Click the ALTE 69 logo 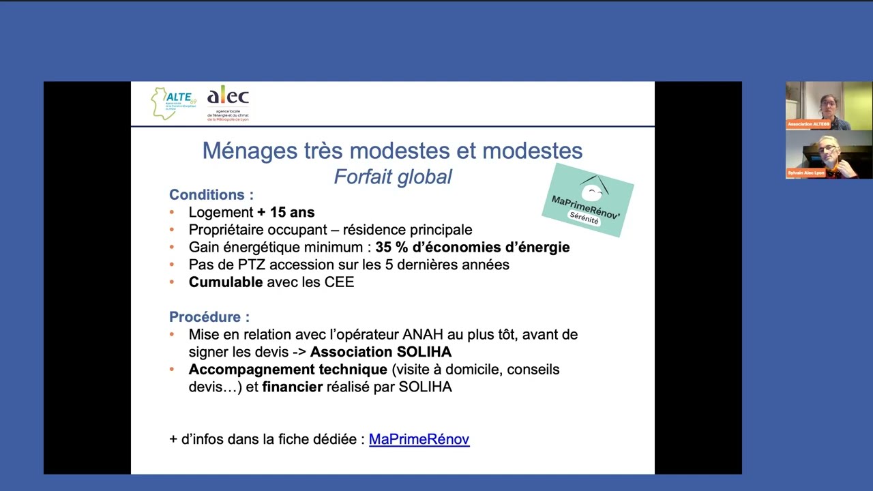pos(173,103)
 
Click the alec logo pos(228,103)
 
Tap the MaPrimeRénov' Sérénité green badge pos(587,200)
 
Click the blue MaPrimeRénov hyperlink pos(419,439)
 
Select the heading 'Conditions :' pos(211,194)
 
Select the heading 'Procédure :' pos(209,317)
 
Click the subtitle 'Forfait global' pos(393,177)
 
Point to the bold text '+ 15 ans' pos(286,212)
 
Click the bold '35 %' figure pos(391,247)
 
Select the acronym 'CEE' pos(340,282)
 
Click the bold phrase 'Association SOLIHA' pos(381,352)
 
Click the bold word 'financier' pos(292,387)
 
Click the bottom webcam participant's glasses pos(827,148)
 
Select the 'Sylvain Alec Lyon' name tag pos(806,173)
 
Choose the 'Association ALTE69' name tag pos(808,124)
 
